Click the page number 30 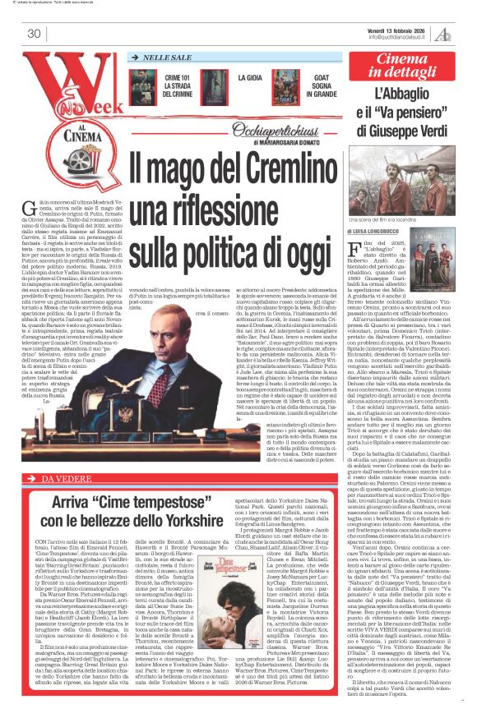click(34, 34)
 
